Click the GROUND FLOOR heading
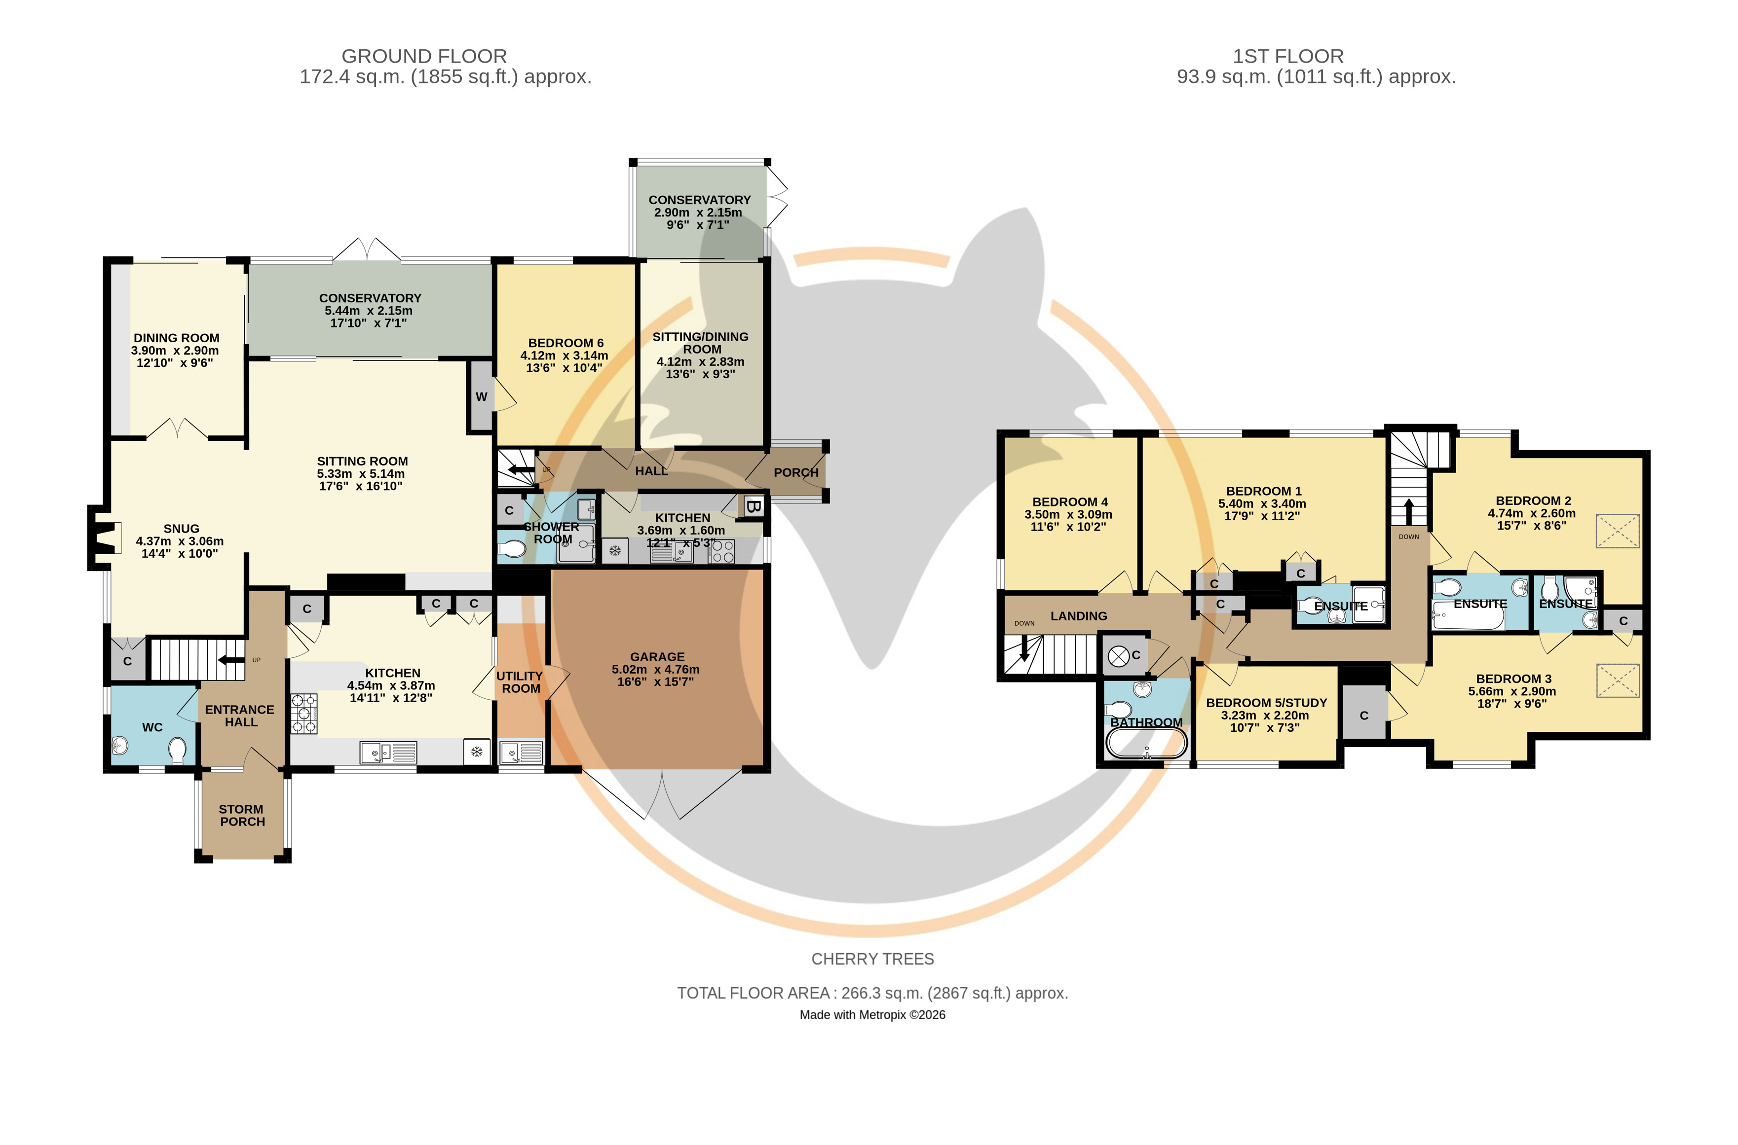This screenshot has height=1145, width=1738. [424, 56]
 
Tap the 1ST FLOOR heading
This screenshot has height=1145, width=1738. [1288, 56]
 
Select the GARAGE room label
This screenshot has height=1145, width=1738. [657, 657]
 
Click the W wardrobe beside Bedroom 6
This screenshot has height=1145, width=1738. [481, 396]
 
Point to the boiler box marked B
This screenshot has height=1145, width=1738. [753, 506]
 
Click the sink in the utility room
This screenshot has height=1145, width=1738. [521, 752]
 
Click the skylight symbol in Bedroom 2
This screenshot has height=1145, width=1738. [1618, 531]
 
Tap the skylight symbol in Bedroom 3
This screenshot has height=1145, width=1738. [1618, 680]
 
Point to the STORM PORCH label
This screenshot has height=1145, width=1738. [242, 816]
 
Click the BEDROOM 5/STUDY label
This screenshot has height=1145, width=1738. [1266, 703]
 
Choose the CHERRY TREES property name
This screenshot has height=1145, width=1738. [872, 959]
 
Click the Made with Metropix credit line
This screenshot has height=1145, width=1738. [872, 1015]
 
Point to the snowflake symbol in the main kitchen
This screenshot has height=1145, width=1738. [476, 751]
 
